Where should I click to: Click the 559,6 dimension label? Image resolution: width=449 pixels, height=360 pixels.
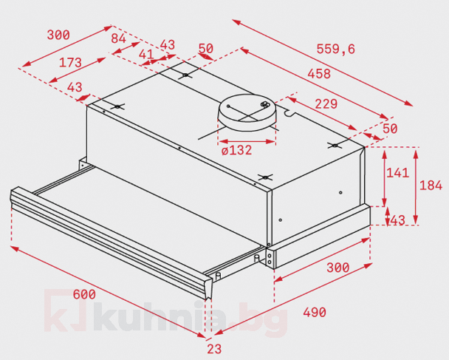point(335,49)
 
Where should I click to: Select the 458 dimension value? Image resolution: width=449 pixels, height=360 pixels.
point(319,74)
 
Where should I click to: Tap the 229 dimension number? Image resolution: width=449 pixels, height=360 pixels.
point(326,103)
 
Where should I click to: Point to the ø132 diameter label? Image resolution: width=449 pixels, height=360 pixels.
point(236,150)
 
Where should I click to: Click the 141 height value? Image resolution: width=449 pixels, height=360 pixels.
point(398,173)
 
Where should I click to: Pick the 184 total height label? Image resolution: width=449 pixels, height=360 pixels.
point(431,186)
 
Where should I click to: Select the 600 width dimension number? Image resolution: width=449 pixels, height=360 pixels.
point(84,294)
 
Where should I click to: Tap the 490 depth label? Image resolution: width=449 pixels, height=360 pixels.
point(315,312)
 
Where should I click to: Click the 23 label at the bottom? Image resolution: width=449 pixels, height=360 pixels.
point(214,349)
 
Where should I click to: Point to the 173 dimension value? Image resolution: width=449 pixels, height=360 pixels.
point(70,63)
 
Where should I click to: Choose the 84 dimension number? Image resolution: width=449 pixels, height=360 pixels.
point(119,38)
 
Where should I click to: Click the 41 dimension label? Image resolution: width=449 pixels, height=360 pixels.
point(146,54)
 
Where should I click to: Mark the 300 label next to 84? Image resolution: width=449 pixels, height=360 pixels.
point(58,35)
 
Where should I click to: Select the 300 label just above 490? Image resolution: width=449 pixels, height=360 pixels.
point(338,268)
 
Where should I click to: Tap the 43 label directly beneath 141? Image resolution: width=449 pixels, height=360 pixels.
point(398,220)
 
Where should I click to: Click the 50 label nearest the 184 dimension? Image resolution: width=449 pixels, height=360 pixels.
point(390,129)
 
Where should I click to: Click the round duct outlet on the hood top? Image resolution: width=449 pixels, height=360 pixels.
point(247,112)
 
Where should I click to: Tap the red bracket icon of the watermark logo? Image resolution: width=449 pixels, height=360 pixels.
point(65,310)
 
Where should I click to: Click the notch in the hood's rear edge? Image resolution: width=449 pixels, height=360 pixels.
point(289,113)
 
